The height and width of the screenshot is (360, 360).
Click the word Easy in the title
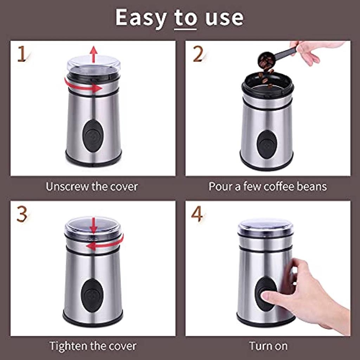pyautogui.click(x=141, y=18)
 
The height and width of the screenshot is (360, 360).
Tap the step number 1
pyautogui.click(x=21, y=54)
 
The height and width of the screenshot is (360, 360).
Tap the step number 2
pyautogui.click(x=198, y=54)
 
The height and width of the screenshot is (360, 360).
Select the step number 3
pyautogui.click(x=22, y=214)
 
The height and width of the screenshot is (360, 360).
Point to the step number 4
pyautogui.click(x=197, y=214)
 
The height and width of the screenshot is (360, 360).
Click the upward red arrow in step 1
pyautogui.click(x=94, y=54)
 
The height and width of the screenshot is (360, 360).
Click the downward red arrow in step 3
pyautogui.click(x=94, y=225)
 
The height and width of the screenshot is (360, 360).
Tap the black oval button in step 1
pyautogui.click(x=93, y=136)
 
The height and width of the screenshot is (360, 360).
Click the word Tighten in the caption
pyautogui.click(x=69, y=346)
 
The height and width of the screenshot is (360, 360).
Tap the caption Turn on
pyautogui.click(x=268, y=346)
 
